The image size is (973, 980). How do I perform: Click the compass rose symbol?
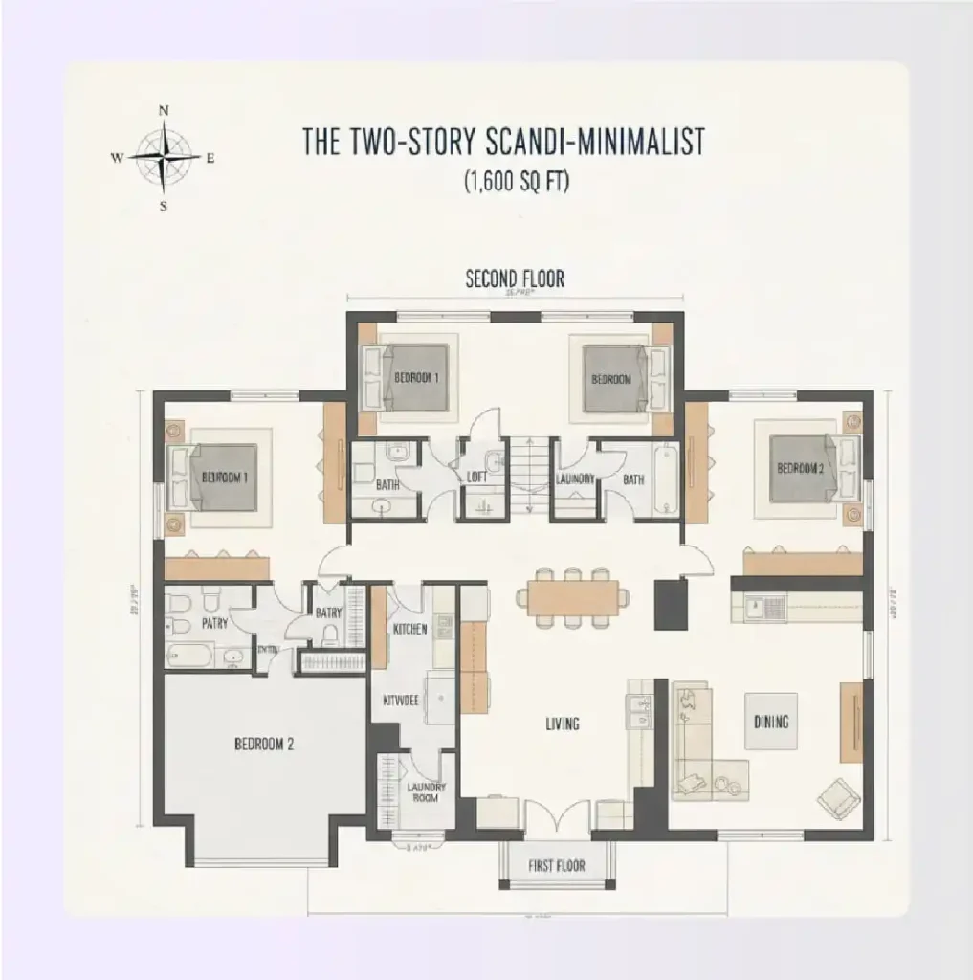pyautogui.click(x=164, y=157)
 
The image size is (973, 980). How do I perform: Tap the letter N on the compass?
pyautogui.click(x=164, y=111)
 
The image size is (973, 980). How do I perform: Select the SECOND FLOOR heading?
pyautogui.click(x=515, y=279)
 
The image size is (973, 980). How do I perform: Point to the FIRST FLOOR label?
pyautogui.click(x=556, y=866)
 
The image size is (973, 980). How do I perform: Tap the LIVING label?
pyautogui.click(x=563, y=724)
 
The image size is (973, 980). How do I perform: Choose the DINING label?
pyautogui.click(x=770, y=722)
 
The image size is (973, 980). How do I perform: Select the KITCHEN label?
pyautogui.click(x=409, y=630)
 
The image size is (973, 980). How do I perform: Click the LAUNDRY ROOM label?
pyautogui.click(x=425, y=792)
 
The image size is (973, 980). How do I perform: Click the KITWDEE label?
pyautogui.click(x=401, y=701)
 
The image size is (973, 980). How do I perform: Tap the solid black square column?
pyautogui.click(x=668, y=605)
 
